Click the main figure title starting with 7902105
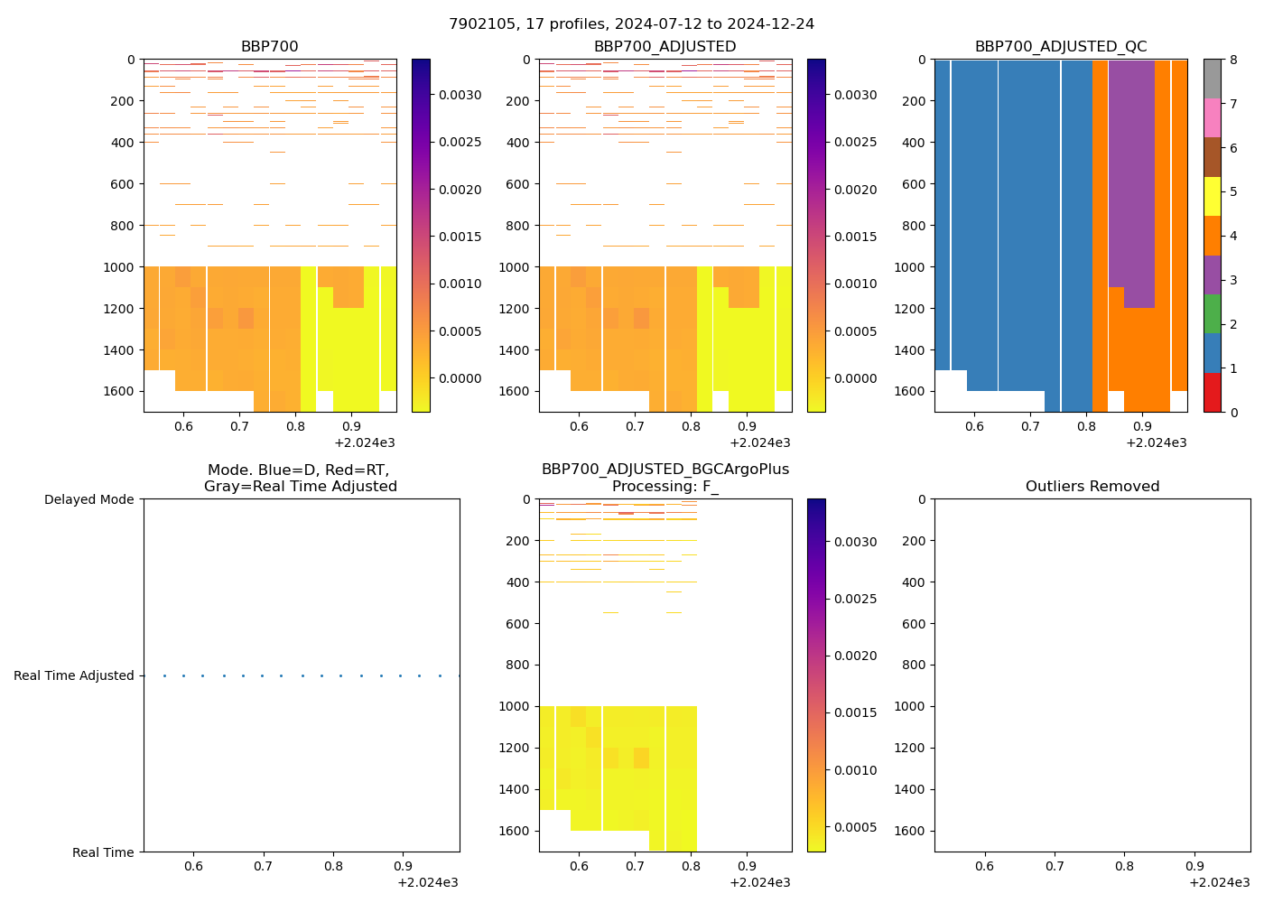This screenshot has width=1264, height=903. (x=631, y=24)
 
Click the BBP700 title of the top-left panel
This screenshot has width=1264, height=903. (x=269, y=47)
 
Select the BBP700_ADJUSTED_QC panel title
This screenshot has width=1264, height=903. (x=1060, y=47)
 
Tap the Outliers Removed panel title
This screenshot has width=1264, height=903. (x=1092, y=487)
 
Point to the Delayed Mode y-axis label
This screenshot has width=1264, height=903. (x=88, y=499)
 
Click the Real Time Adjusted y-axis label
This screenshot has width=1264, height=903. (x=73, y=675)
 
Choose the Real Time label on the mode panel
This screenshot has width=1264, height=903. (x=103, y=852)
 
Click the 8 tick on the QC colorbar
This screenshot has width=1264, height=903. (x=1232, y=61)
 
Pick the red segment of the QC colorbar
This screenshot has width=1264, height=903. (x=1212, y=393)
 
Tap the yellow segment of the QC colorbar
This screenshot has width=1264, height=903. (x=1212, y=196)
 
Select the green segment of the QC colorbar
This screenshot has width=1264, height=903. (x=1212, y=313)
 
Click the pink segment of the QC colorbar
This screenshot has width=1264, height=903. (x=1212, y=117)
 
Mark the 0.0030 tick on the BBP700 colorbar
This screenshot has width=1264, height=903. (x=460, y=95)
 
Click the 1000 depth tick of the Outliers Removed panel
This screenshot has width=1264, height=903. (x=914, y=706)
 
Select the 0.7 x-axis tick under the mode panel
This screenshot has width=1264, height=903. (x=263, y=867)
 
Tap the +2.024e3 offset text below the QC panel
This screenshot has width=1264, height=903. (x=1156, y=443)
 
